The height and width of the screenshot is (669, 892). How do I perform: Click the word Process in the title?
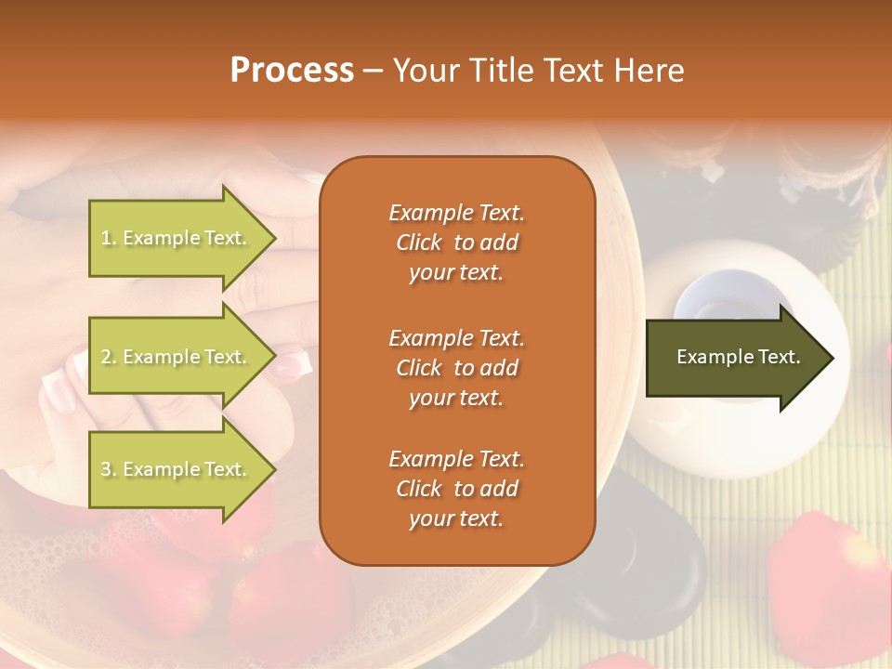click(292, 71)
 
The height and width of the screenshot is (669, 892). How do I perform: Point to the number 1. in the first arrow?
click(109, 239)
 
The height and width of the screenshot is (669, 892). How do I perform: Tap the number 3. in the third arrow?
click(109, 470)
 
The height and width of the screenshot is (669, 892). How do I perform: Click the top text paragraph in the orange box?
click(456, 243)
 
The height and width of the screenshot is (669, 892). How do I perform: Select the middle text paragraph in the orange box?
click(456, 368)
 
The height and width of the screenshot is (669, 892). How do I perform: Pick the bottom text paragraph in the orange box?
click(456, 489)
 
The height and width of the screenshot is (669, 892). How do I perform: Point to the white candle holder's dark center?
click(714, 307)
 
